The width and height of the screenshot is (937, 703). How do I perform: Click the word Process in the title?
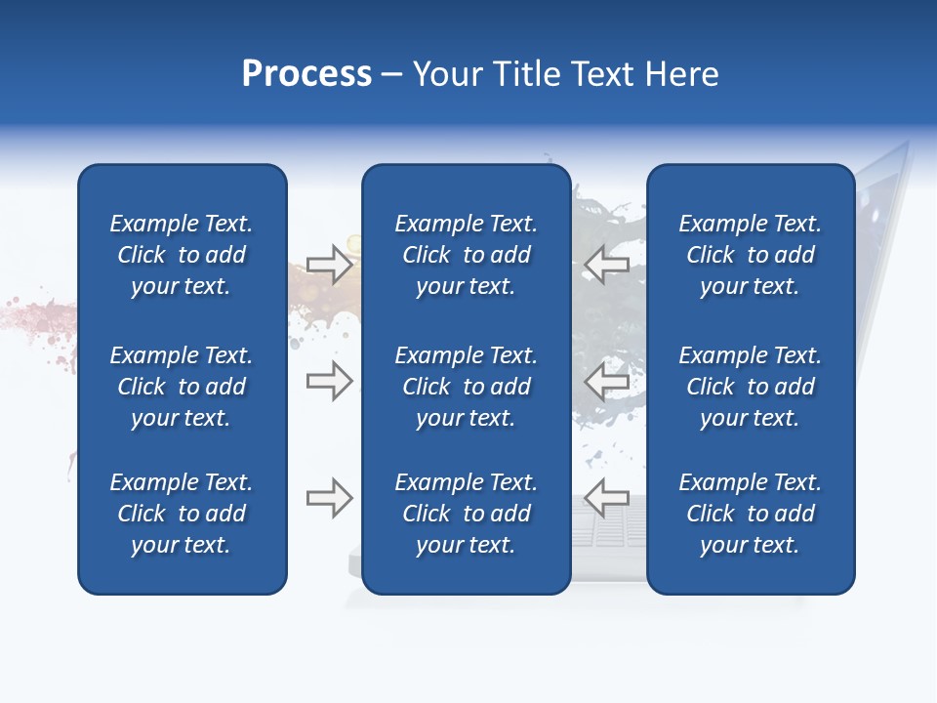pyautogui.click(x=306, y=74)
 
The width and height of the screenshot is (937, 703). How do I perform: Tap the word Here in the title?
pyautogui.click(x=679, y=74)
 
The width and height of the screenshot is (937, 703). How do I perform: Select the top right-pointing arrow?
pyautogui.click(x=329, y=265)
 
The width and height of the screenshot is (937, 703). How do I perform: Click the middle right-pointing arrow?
pyautogui.click(x=329, y=381)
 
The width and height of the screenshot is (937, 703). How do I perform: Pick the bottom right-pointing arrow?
pyautogui.click(x=329, y=498)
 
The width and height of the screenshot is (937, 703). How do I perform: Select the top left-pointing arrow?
pyautogui.click(x=606, y=265)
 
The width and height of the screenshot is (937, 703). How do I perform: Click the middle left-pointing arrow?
pyautogui.click(x=606, y=381)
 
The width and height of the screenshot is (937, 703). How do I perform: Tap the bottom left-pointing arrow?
pyautogui.click(x=606, y=498)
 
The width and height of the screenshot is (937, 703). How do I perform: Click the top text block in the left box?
pyautogui.click(x=182, y=255)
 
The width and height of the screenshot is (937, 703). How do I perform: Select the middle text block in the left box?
pyautogui.click(x=182, y=387)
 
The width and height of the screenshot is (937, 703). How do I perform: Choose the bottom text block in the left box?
pyautogui.click(x=182, y=514)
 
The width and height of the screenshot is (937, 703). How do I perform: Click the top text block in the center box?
pyautogui.click(x=466, y=255)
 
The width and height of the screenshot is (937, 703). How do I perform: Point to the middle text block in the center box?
pyautogui.click(x=466, y=387)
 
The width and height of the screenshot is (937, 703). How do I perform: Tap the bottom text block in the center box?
pyautogui.click(x=466, y=514)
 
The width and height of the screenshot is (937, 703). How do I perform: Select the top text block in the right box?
pyautogui.click(x=750, y=255)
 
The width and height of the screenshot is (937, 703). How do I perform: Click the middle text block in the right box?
pyautogui.click(x=750, y=387)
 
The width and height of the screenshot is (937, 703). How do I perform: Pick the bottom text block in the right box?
pyautogui.click(x=750, y=514)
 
